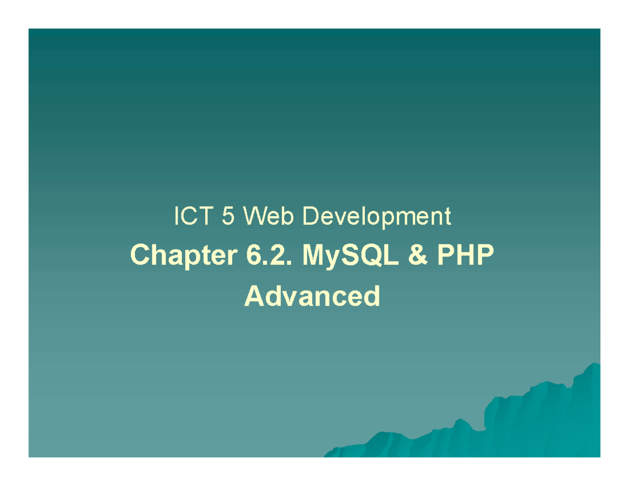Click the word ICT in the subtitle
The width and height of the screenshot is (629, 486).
(193, 215)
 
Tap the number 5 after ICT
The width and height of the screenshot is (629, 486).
(228, 215)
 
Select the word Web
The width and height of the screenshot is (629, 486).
(268, 215)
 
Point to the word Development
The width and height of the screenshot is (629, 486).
(376, 218)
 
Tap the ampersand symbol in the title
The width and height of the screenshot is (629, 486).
(418, 255)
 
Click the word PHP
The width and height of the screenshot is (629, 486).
(465, 255)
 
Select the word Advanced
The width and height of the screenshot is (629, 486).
(312, 296)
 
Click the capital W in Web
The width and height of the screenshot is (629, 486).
(254, 215)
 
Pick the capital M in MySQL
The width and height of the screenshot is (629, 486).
(314, 255)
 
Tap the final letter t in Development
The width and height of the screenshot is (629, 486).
(448, 217)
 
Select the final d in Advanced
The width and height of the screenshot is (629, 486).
(372, 296)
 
